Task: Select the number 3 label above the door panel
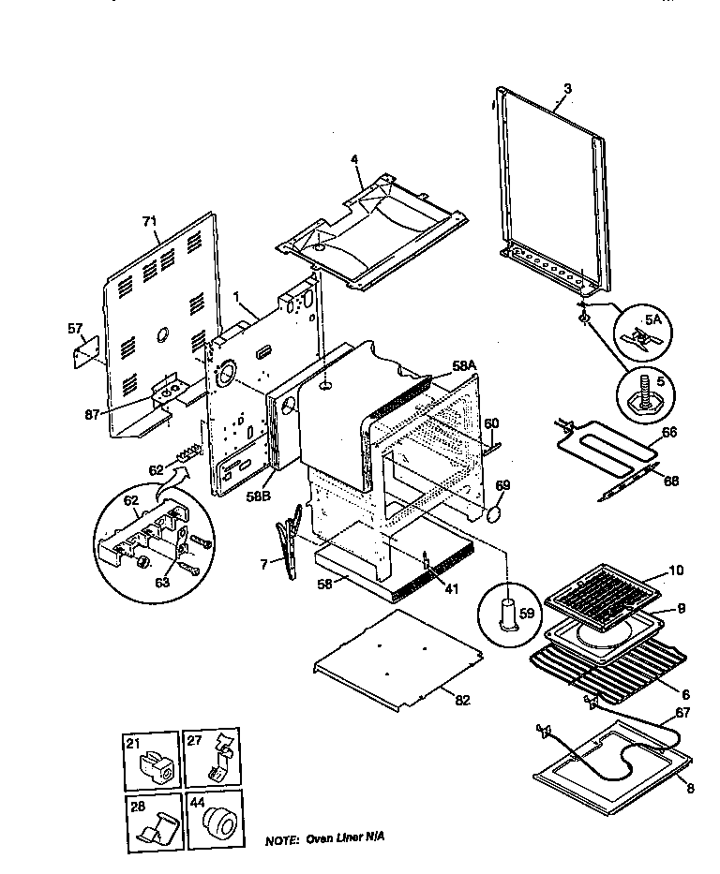pos(567,89)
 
